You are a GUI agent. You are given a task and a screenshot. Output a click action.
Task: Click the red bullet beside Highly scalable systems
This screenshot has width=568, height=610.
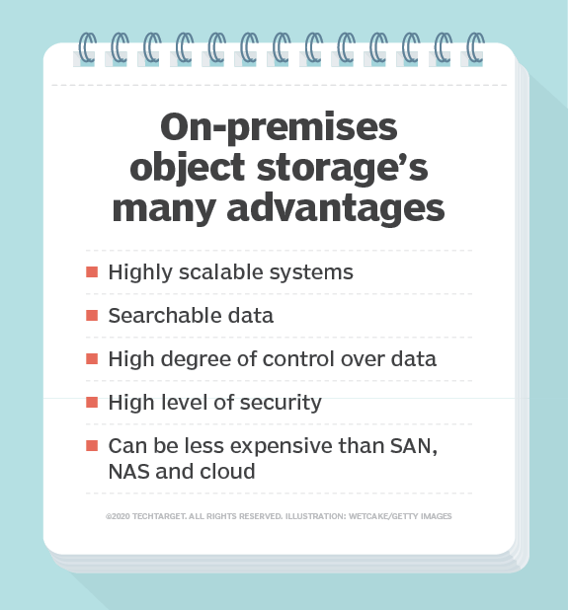[92, 271]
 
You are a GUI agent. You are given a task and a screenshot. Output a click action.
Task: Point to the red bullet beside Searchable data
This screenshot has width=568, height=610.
[92, 316]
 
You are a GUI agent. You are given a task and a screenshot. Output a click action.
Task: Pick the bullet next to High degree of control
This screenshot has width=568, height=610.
[92, 359]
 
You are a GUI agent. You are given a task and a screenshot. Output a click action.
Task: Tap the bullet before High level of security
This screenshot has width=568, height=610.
[92, 402]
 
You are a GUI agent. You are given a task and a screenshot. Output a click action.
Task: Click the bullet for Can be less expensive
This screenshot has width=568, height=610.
[92, 446]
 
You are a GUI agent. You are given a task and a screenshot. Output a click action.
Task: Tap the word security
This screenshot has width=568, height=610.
[283, 402]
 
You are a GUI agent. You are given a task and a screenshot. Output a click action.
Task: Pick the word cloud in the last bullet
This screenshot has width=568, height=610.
[227, 472]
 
